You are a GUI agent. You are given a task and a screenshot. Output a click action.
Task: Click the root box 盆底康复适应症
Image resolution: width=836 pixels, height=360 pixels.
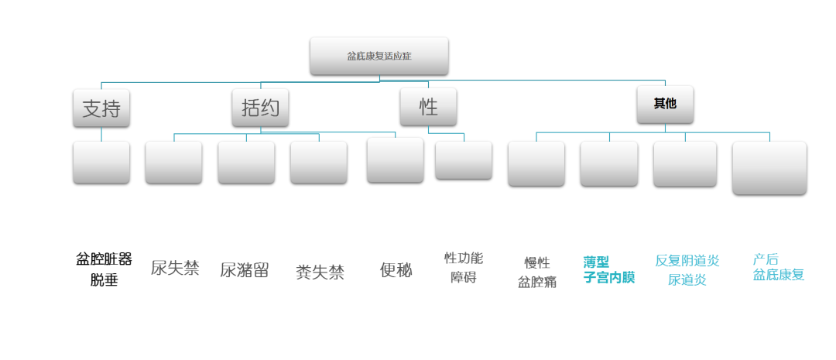[x=379, y=56]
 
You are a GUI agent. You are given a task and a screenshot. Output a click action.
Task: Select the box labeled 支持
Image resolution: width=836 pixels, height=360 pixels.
[x=101, y=108]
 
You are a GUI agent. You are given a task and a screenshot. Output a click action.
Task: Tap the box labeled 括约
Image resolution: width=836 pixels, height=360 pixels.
[x=260, y=108]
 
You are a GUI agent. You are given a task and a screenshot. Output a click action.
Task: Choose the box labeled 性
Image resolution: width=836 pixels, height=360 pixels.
[x=428, y=107]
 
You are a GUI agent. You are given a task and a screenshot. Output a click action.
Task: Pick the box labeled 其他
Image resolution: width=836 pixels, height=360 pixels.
[x=665, y=104]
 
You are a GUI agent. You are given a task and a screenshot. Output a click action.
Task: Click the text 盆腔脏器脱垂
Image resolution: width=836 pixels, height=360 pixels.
[x=104, y=269]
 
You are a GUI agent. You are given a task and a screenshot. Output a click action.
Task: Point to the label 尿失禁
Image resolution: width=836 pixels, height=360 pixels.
[x=175, y=269]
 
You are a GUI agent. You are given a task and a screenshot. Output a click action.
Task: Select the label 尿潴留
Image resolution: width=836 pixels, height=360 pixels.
[x=245, y=270]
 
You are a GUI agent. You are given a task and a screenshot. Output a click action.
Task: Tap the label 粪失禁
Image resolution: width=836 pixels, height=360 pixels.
[x=320, y=272]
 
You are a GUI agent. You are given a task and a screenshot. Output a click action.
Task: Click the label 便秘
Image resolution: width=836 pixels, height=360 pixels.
[x=396, y=269]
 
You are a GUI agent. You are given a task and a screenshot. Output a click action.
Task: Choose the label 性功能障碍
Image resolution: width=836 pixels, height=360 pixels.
[x=463, y=267]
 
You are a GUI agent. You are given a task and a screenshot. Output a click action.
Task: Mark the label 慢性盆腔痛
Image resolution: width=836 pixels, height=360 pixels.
[x=536, y=272]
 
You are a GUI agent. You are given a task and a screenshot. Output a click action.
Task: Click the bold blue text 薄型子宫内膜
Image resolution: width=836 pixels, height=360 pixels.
[x=608, y=269]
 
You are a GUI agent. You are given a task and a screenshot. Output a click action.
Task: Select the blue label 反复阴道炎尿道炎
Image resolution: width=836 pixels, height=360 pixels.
[x=687, y=269]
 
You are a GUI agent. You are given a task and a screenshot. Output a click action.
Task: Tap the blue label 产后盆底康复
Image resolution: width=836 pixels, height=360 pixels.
[x=778, y=266]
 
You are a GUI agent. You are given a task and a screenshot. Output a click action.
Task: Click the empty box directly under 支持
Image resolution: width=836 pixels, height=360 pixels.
[x=101, y=162]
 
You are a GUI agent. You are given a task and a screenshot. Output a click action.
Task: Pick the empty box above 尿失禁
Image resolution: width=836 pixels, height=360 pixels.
[x=173, y=162]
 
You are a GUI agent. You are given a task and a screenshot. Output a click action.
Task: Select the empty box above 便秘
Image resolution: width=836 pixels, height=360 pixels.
[x=395, y=159]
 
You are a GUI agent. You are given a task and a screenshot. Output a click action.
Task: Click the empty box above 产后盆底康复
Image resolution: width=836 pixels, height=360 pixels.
[x=769, y=167]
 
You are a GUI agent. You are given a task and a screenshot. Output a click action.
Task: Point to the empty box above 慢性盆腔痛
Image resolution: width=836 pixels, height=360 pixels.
[x=536, y=163]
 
